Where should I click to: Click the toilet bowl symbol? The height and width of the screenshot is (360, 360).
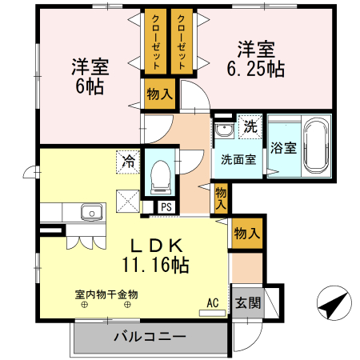(159, 174)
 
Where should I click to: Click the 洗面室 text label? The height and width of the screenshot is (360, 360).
(238, 158)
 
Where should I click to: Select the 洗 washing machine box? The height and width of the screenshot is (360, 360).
(250, 126)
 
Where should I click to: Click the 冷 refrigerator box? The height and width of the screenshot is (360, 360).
(128, 161)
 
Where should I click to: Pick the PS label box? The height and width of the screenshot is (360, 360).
(166, 206)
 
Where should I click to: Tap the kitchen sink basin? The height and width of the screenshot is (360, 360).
(90, 213)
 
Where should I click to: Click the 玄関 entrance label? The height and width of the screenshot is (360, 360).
(246, 303)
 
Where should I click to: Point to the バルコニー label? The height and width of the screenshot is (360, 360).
(149, 336)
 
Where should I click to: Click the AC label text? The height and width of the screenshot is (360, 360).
(212, 302)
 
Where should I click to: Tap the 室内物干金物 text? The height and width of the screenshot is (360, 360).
(106, 294)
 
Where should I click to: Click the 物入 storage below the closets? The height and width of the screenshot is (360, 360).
(158, 94)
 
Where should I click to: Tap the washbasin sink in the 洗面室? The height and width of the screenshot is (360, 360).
(221, 131)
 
